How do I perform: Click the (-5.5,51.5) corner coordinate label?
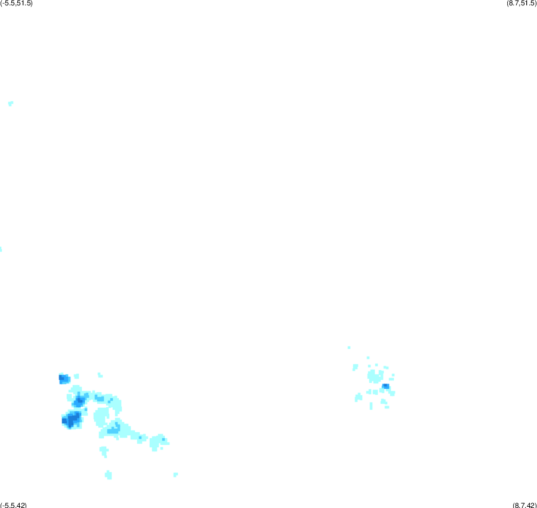coord(17,4)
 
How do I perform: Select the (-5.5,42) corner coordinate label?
coord(13,505)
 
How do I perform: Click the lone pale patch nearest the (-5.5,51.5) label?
coord(11,103)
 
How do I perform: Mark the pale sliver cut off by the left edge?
coord(1,249)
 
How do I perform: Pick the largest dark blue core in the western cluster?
coord(71,419)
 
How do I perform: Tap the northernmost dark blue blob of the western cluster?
coord(64,379)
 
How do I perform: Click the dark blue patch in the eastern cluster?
coord(385,386)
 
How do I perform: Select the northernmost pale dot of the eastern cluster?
coord(349,348)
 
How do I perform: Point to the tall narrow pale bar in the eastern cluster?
coord(371,406)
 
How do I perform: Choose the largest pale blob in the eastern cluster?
coord(375,376)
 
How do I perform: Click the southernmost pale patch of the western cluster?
coord(109,475)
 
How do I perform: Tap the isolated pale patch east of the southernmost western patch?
coord(175,475)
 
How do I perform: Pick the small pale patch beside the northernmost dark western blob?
coord(76,376)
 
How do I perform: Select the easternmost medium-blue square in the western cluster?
coord(163,439)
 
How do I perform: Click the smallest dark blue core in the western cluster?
coord(80,400)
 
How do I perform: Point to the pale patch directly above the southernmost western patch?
coord(104,451)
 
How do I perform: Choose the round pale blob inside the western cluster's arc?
coord(101,417)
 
